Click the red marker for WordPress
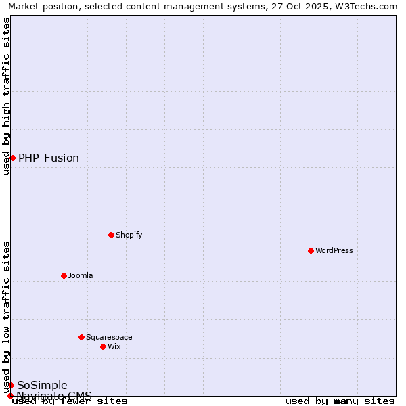tap(311, 250)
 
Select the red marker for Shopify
tap(112, 235)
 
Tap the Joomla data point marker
tap(64, 275)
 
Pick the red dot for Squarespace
tap(82, 337)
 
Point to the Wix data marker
tap(104, 346)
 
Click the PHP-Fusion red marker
tap(12, 158)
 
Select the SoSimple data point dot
tap(11, 385)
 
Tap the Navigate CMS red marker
tap(10, 396)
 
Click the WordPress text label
tap(334, 250)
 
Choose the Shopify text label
tap(129, 235)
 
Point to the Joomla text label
tap(81, 275)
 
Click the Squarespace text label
tap(109, 337)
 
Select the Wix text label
tap(114, 346)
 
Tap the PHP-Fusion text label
tap(49, 158)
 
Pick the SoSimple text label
tap(42, 386)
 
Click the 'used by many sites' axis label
tap(340, 401)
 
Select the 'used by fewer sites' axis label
tap(70, 401)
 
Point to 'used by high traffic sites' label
tap(6, 96)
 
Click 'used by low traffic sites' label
tap(6, 317)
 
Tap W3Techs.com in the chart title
tap(364, 6)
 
